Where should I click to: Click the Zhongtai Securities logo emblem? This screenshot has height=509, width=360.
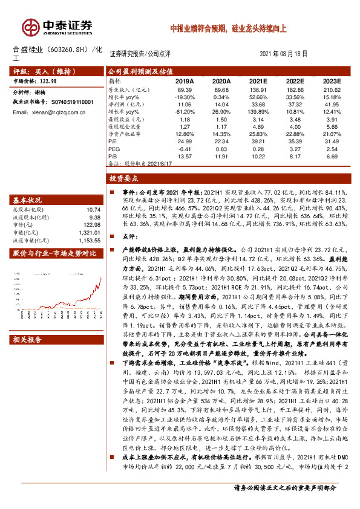[x=29, y=26]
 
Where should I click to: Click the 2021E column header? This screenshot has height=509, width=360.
[x=258, y=80]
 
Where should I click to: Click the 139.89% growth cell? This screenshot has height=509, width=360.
[x=258, y=111]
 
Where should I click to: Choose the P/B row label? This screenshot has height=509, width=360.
[x=113, y=155]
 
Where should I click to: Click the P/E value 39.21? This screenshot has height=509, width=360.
[x=258, y=141]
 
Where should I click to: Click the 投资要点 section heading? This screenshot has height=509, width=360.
[x=125, y=180]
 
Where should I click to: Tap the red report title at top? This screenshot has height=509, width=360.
[x=232, y=28]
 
